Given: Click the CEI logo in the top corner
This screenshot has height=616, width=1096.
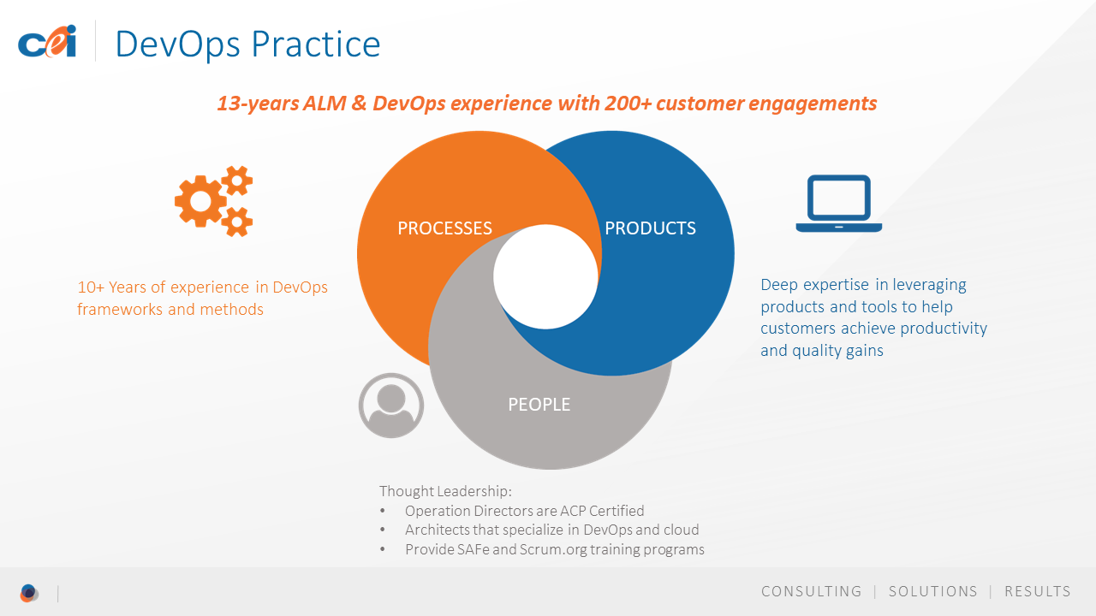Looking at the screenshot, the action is [x=47, y=42].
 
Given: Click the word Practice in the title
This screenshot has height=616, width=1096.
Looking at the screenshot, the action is [x=316, y=44].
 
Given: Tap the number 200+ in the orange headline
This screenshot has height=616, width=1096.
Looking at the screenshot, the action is [x=628, y=104].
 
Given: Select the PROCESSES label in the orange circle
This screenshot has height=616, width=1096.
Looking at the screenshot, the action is [x=444, y=228].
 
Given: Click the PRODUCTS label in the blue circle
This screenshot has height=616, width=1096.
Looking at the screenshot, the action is [x=650, y=228].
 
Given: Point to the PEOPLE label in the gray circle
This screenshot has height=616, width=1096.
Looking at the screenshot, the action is [x=539, y=405].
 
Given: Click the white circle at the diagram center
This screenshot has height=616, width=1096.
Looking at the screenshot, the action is [x=545, y=276].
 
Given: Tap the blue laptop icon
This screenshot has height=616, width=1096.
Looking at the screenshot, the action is [x=838, y=204].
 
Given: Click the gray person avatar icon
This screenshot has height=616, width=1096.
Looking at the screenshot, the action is [x=391, y=406].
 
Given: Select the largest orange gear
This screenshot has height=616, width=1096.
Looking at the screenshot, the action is [x=200, y=201].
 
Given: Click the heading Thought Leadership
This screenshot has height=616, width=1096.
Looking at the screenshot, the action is [x=445, y=491].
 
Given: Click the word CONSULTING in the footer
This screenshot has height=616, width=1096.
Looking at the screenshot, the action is [x=811, y=591].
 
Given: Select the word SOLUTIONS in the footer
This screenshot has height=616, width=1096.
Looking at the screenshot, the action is [x=933, y=591].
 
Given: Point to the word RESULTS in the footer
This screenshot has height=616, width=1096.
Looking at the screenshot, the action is [x=1038, y=591].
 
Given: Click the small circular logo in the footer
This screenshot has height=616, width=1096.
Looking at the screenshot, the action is [x=29, y=593].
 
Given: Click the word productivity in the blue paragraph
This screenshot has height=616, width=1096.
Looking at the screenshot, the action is [x=944, y=329].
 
